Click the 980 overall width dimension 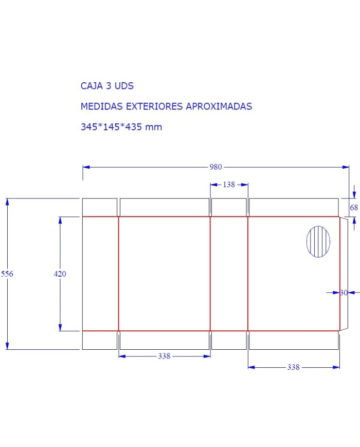[215, 167]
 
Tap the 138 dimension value [229, 184]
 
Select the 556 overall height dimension [7, 274]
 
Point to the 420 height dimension [60, 274]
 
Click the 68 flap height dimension [354, 208]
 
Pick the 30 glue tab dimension [344, 293]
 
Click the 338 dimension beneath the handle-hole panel [293, 367]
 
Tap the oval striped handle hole [318, 242]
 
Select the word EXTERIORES [158, 106]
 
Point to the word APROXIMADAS [219, 106]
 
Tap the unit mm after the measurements [154, 127]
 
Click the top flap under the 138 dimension [229, 207]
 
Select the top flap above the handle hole [294, 207]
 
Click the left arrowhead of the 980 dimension [86, 167]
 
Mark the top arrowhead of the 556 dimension [7, 202]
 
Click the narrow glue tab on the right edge [344, 273]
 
